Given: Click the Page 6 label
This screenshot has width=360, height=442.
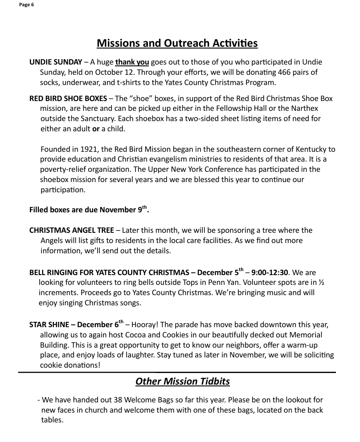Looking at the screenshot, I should click(x=26, y=5).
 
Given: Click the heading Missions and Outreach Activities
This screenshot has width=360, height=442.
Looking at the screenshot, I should click(x=177, y=43).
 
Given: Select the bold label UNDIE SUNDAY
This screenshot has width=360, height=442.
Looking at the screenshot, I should click(x=56, y=62).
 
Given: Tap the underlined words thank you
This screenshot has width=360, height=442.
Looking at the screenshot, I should click(x=132, y=62).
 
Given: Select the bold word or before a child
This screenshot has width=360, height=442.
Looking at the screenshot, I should click(x=95, y=129).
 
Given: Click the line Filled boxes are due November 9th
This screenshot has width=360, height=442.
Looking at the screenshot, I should click(x=89, y=210).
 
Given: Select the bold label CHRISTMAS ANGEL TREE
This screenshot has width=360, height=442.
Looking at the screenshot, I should click(x=71, y=230).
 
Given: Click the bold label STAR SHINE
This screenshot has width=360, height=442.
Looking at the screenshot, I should click(x=48, y=325).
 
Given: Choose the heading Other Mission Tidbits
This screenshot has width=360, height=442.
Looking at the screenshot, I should click(x=182, y=382).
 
